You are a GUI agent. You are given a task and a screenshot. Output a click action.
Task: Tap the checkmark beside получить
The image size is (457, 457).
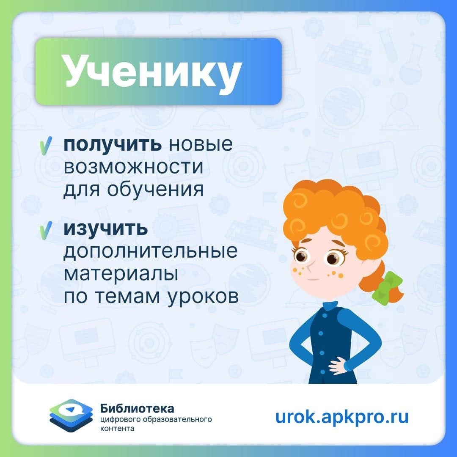click(x=45, y=146)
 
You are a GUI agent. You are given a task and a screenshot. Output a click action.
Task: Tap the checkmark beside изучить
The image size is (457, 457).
click(x=45, y=230)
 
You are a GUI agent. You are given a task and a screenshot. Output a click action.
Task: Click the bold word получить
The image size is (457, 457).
click(x=113, y=145)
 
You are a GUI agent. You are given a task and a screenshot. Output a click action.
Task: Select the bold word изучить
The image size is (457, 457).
click(x=105, y=229)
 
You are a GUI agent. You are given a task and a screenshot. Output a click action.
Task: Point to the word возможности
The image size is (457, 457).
click(x=133, y=167)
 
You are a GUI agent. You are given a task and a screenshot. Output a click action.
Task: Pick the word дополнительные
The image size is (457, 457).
click(x=150, y=251)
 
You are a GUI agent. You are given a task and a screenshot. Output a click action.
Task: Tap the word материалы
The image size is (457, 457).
click(x=121, y=274)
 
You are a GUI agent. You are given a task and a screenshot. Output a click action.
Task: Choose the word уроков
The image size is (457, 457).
click(x=203, y=297)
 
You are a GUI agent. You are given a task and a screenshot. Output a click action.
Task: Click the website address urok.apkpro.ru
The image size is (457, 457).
click(x=341, y=417)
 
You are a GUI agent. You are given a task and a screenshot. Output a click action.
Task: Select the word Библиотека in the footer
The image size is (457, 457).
click(x=137, y=409)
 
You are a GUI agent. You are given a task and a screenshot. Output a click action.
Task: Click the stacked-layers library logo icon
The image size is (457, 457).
click(x=71, y=416)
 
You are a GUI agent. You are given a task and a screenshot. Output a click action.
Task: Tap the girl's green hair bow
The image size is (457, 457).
click(x=387, y=288)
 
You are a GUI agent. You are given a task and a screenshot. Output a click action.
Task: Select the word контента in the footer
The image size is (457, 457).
click(x=117, y=429)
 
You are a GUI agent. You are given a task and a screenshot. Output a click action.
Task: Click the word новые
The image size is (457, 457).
click(x=201, y=145)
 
